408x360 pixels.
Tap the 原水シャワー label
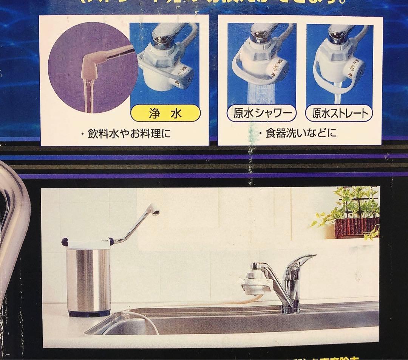[x=261, y=113]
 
